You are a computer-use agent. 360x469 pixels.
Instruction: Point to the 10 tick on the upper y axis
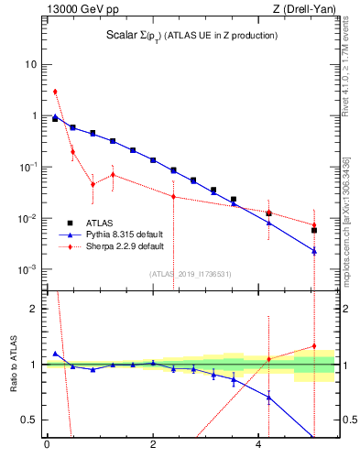point(31,65)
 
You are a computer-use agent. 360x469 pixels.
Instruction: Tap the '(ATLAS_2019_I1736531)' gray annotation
point(190,274)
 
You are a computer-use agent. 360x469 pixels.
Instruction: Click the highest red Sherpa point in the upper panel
point(55,92)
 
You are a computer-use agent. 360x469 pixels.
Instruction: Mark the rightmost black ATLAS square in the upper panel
point(314,231)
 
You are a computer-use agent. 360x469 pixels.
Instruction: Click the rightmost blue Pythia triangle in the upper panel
point(314,251)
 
